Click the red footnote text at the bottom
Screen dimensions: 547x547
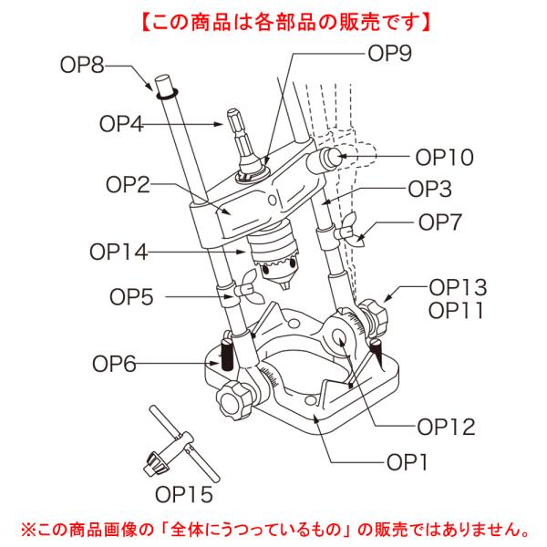pos(273,528)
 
